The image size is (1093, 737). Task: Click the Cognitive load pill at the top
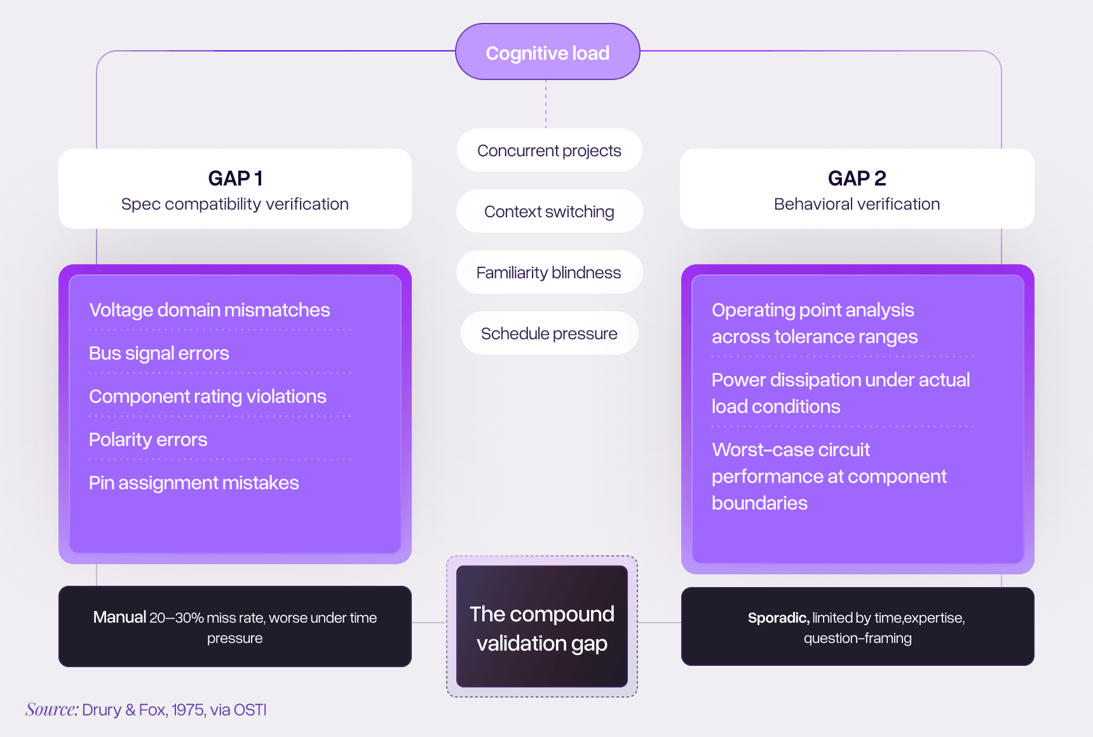coord(547,52)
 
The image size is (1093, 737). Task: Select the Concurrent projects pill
coord(549,151)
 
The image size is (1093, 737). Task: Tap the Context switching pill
coord(549,212)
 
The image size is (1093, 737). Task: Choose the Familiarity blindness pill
coord(549,273)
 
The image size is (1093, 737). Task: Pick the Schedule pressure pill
coord(549,334)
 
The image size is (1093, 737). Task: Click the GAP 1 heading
coord(235,179)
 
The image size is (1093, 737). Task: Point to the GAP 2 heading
coord(857,179)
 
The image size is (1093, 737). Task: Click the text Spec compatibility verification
coord(235,204)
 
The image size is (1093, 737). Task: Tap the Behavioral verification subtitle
coord(857,204)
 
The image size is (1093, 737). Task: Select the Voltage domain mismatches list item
coord(210,310)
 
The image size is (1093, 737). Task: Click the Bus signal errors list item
coord(159,353)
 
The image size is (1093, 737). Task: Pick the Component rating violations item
coord(208,396)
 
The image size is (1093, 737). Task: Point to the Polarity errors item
coord(148,440)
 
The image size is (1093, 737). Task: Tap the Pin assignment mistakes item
coord(194,483)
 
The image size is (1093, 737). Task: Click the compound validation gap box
coord(542,627)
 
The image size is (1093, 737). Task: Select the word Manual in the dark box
coord(119,618)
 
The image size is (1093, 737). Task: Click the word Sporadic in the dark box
coord(778,618)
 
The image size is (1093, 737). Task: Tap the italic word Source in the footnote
coord(51,710)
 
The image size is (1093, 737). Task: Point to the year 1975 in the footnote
coord(189,710)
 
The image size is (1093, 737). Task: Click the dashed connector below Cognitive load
coord(546,104)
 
